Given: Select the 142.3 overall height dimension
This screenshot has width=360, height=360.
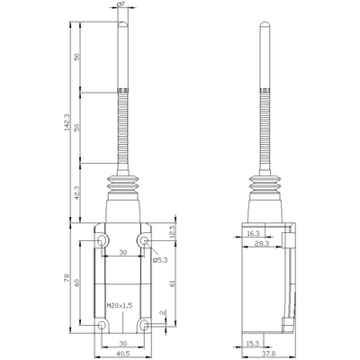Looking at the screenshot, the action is (67, 122).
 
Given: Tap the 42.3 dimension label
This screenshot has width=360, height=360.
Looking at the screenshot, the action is (76, 193).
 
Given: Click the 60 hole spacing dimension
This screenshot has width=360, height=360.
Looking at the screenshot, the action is (76, 283).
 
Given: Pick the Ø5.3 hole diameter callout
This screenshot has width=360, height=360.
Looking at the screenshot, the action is (159, 260).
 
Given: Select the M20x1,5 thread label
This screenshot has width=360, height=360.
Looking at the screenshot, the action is (120, 306).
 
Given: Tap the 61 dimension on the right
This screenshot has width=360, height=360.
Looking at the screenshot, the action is (173, 283).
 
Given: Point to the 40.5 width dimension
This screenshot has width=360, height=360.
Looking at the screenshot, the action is (123, 354).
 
